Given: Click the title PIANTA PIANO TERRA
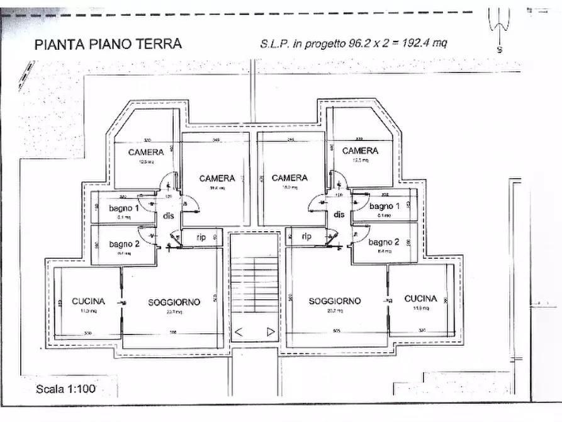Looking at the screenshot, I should [x=108, y=44].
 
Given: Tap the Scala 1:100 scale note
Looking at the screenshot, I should [x=65, y=389].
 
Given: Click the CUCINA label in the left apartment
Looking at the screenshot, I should [x=88, y=301].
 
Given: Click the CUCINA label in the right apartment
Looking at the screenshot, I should [x=420, y=299].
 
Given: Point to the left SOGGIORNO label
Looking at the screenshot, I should [x=174, y=302].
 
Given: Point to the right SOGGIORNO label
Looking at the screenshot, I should [x=335, y=301].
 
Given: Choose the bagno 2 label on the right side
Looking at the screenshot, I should [x=385, y=242].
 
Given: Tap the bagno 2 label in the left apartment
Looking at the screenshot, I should [x=123, y=244].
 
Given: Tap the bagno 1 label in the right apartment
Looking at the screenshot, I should [x=385, y=207].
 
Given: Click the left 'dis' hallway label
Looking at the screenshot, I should [x=168, y=215].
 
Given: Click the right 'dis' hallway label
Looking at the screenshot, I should [x=339, y=215].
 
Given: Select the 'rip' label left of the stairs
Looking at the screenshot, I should [x=201, y=237].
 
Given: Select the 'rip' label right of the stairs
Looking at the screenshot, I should [x=306, y=237].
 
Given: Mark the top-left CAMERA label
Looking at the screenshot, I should [x=146, y=152].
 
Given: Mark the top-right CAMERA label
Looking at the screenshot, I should [x=360, y=151].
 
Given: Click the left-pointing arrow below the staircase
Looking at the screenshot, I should [x=239, y=331].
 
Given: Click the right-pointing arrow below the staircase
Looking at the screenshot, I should [x=270, y=331].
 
